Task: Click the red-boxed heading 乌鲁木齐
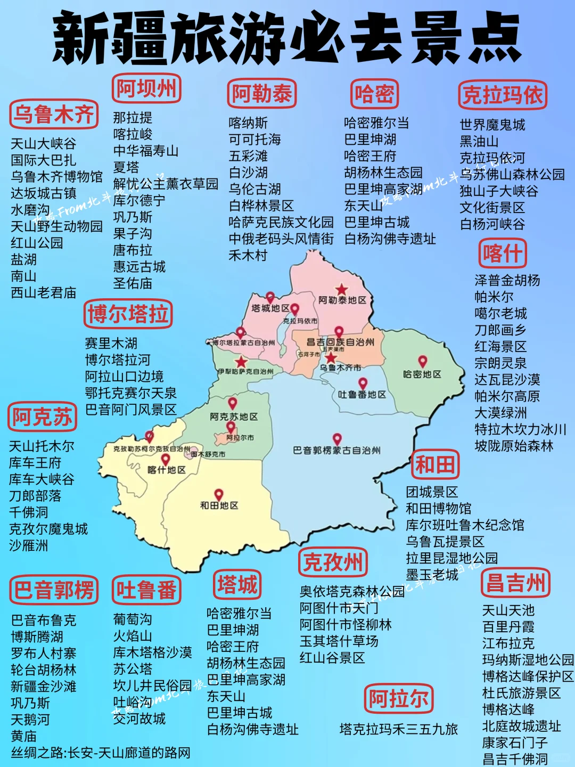[54, 115]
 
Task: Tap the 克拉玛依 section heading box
[503, 95]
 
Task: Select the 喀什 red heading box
[502, 253]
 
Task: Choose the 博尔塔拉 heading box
[128, 314]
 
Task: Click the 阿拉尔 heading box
[399, 698]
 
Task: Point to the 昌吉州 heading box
[515, 583]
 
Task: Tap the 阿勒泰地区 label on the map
[342, 300]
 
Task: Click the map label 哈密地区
[422, 374]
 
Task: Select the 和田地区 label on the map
[219, 505]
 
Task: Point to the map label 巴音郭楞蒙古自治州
[336, 451]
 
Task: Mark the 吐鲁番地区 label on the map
[362, 395]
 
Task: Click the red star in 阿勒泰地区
[341, 290]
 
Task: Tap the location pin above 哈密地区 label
[422, 361]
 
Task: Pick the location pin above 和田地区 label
[218, 494]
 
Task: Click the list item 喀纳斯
[248, 123]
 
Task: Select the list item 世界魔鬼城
[492, 125]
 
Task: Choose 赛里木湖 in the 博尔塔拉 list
[111, 344]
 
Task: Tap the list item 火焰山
[133, 636]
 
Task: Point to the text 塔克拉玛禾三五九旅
[398, 729]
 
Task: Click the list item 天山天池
[508, 610]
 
